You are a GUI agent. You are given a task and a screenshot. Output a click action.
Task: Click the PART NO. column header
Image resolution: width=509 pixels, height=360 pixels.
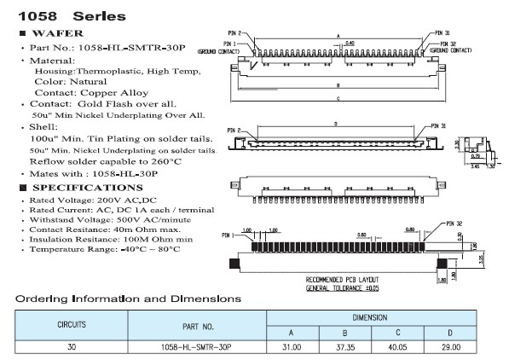point(197,325)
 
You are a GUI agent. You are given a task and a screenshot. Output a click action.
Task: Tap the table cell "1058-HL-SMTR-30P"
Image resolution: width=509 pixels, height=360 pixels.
point(197,347)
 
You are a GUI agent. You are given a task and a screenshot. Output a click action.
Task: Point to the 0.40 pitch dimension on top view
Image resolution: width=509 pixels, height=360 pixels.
point(350,42)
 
